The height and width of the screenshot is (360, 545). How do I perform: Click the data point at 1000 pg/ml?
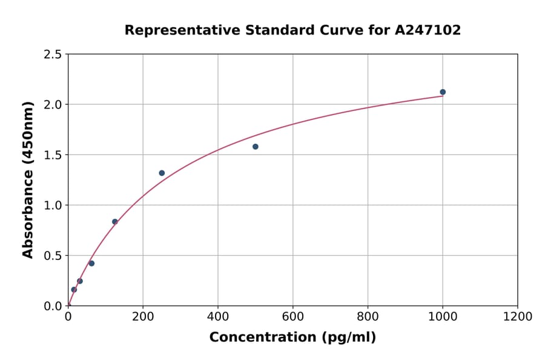(443, 92)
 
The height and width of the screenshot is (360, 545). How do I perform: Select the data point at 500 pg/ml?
(256, 147)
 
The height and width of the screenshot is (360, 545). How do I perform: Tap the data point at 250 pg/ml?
(162, 173)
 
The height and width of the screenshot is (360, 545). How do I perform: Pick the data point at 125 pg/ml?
(115, 222)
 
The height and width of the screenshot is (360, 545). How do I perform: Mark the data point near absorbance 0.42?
(91, 264)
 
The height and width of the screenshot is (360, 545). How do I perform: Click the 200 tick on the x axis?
(143, 317)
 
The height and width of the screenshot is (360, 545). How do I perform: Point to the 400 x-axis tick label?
(218, 317)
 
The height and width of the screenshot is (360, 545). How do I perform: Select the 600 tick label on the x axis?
(292, 317)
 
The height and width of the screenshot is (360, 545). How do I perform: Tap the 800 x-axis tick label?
(368, 317)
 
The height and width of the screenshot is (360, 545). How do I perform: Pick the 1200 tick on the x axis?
(517, 317)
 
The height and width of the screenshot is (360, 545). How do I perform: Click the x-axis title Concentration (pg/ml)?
(292, 338)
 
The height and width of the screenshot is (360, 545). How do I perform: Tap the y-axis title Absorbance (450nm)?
(28, 180)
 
